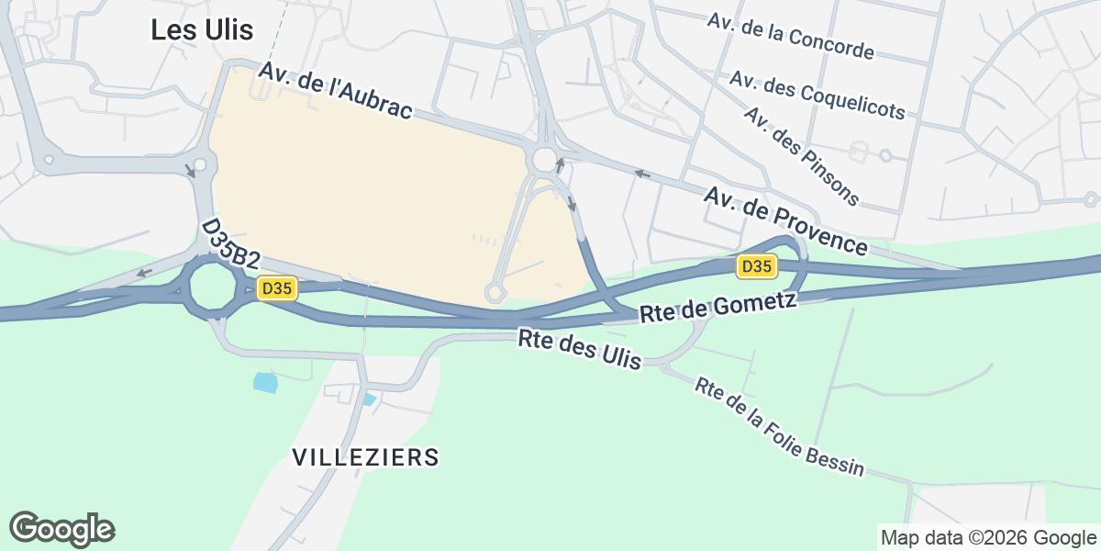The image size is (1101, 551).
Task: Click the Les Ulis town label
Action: coord(202,30)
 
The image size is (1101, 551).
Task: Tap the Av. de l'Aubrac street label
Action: coord(335,90)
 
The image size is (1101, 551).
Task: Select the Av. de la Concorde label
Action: coord(790,37)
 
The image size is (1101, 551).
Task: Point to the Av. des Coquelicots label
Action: coord(817,95)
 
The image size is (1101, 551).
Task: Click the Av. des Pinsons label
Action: coord(802,156)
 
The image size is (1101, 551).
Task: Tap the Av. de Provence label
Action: coord(785,221)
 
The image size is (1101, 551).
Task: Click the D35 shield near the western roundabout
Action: coord(276,288)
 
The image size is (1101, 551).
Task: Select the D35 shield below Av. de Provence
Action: coord(757,266)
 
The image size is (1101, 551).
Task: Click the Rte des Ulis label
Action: coord(579,350)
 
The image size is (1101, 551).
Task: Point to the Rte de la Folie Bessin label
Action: coord(779,427)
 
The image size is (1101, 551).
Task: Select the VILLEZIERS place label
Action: coord(365,456)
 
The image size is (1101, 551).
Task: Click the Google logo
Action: coord(62,529)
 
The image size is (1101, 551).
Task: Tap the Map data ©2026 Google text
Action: coord(987,537)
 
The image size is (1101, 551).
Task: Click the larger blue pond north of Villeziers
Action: coord(264,382)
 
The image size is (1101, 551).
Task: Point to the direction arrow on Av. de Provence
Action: coord(642,173)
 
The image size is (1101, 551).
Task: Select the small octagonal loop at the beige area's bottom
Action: coord(495,293)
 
